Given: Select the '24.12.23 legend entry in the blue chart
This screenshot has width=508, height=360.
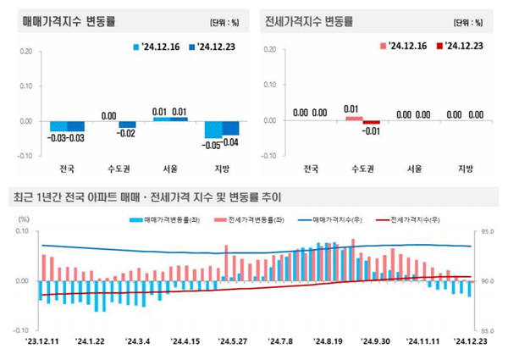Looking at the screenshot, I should pos(214,47).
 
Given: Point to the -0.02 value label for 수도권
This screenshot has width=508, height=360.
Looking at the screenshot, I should pos(127,134).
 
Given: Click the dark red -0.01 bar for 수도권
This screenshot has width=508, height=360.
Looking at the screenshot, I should pos(371,123).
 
